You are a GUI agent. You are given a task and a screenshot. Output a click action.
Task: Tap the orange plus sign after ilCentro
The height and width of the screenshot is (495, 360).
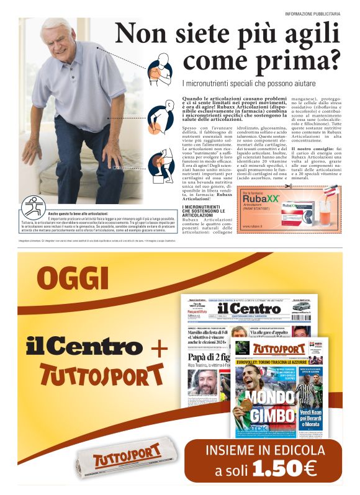pyautogui.click(x=160, y=348)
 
